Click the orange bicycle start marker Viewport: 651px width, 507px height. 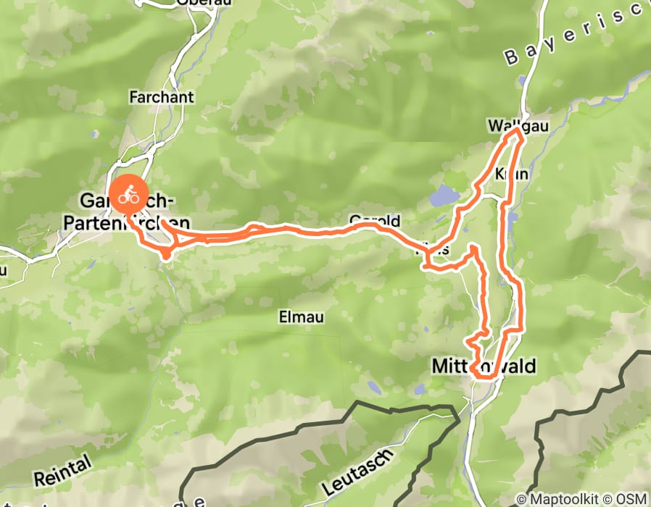[128, 194]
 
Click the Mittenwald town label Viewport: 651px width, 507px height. [484, 366]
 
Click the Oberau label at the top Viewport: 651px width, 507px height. [194, 3]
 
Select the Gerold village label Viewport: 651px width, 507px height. [374, 220]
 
